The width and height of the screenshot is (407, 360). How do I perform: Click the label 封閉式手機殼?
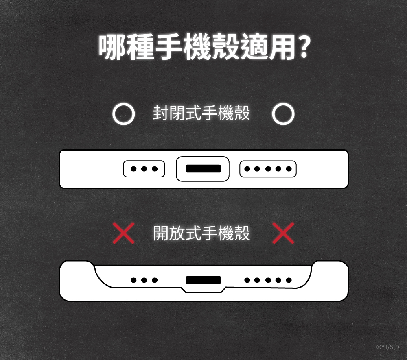[201, 113]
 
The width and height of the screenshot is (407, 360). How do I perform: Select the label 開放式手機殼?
[201, 233]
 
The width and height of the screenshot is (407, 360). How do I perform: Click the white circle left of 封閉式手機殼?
[123, 114]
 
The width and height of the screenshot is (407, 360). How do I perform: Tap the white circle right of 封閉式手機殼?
[283, 114]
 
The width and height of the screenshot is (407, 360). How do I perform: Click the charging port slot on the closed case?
[203, 169]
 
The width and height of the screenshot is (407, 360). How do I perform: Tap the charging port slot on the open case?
[203, 280]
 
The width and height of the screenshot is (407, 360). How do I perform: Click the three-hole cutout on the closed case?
[144, 169]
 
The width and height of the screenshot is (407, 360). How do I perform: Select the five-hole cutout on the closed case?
[268, 169]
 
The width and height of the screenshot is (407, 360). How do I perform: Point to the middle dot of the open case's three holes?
[144, 280]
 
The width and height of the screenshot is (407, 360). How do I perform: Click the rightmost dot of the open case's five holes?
[289, 280]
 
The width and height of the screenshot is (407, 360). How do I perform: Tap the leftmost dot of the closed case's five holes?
[247, 169]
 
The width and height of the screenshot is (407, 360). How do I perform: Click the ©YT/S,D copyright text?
[388, 347]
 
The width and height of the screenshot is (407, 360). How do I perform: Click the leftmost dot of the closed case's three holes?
[133, 169]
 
